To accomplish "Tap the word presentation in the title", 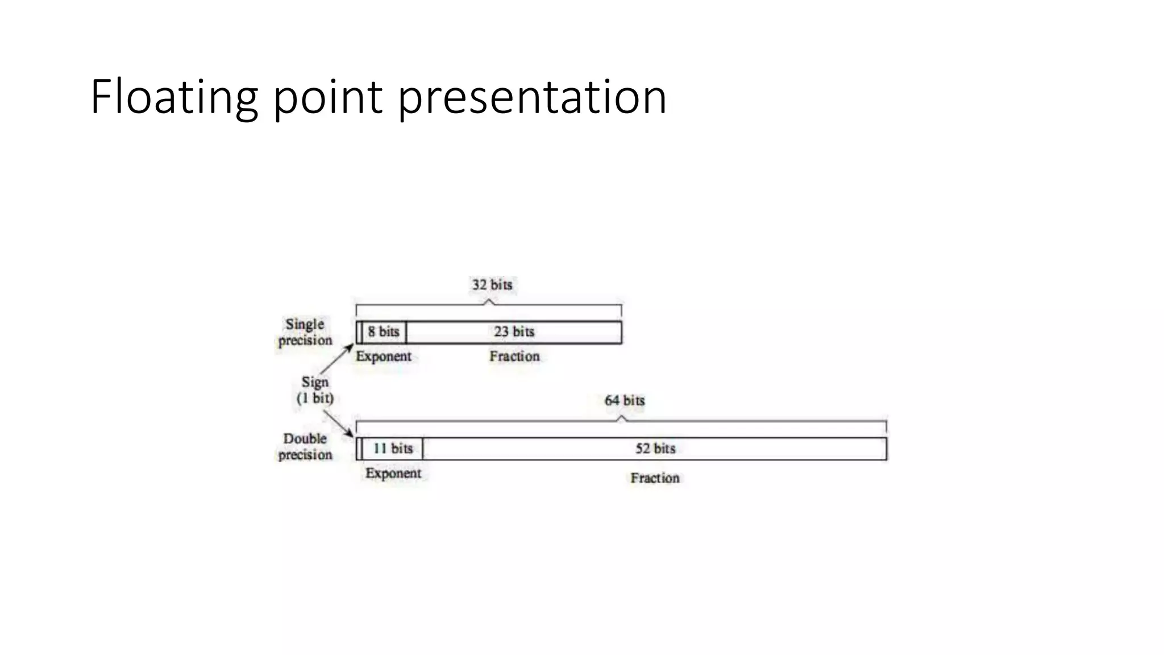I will (x=532, y=98).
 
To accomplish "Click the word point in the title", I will (x=327, y=98).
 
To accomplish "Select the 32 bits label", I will (x=492, y=285).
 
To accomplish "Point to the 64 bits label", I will (x=624, y=401).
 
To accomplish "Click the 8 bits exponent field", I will (x=384, y=332).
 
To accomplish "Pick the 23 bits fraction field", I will (x=514, y=332).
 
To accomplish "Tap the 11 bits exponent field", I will (x=393, y=449).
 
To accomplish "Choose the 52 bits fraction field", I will (x=655, y=449).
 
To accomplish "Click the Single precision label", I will (x=305, y=332).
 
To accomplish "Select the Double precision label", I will (x=305, y=447).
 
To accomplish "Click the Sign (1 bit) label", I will (x=315, y=390).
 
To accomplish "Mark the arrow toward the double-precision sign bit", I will (x=339, y=424).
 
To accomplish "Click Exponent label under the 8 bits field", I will (x=384, y=356).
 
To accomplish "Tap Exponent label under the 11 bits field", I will (x=393, y=474).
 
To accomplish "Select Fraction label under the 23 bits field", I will (x=514, y=356).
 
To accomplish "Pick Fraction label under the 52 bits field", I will (x=655, y=478).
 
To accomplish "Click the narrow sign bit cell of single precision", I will (x=359, y=332).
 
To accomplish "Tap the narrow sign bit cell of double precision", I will (x=359, y=449).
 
